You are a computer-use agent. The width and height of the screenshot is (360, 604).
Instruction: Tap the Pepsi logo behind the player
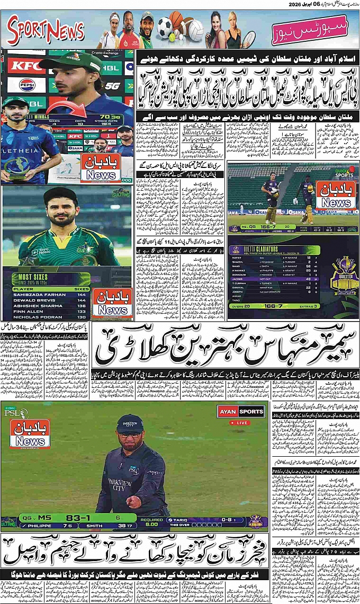[x=26, y=85]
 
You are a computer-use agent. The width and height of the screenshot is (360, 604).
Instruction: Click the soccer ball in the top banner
[x=164, y=26]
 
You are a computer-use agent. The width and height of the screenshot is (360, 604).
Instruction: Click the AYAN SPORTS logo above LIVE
[x=241, y=411]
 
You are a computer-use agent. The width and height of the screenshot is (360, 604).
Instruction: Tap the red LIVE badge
[x=243, y=423]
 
